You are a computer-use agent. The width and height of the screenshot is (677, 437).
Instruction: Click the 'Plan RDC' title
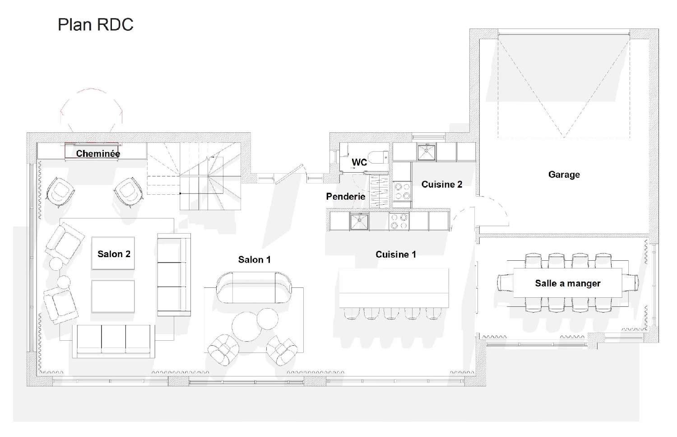coord(96,24)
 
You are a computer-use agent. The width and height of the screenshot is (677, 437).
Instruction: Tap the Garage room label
coord(564,174)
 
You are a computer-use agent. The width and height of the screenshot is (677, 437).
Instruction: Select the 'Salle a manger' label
coord(568,283)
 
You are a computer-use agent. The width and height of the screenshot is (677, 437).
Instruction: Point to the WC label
coord(359,163)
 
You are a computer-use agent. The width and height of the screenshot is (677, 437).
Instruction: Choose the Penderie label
coord(345,197)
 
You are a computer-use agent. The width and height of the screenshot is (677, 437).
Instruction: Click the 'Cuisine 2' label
coord(442,184)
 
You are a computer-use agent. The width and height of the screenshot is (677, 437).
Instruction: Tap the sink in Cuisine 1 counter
coord(359,221)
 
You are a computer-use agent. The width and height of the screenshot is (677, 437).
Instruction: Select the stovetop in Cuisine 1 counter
coord(399,221)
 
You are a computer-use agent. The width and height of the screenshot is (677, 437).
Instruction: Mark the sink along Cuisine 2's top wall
coord(427,152)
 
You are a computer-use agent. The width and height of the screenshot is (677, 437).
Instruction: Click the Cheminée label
coord(98,154)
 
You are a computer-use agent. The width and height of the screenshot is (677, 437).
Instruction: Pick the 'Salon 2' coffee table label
coord(114,254)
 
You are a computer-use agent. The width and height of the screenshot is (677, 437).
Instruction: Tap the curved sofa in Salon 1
coord(254,287)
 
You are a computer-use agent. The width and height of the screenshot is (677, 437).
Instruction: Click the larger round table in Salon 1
coord(246,327)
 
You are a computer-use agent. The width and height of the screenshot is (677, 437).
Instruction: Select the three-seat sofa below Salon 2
coord(113,341)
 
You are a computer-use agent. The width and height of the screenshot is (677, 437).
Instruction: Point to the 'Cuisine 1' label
coord(396,254)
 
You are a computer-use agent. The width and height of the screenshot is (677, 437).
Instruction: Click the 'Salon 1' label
coord(254,260)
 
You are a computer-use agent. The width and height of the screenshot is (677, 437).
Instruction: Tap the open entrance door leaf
coord(289,174)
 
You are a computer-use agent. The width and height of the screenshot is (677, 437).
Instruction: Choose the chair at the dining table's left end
coord(505,282)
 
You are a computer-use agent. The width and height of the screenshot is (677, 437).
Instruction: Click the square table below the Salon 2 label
coord(113,296)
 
